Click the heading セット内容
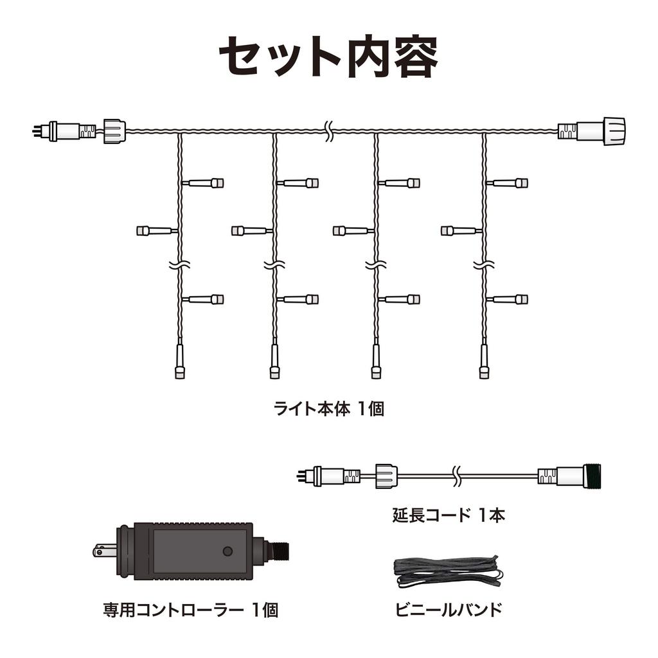point(328,56)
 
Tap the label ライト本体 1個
point(328,409)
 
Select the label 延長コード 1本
point(448,515)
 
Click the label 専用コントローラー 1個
point(190,609)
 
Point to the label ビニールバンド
point(448,609)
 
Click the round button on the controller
point(227,551)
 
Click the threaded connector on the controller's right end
point(281,551)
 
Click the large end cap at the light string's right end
point(613,130)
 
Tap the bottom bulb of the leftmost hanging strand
point(179,371)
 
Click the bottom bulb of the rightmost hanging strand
point(484,371)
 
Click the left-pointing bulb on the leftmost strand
point(143,230)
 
